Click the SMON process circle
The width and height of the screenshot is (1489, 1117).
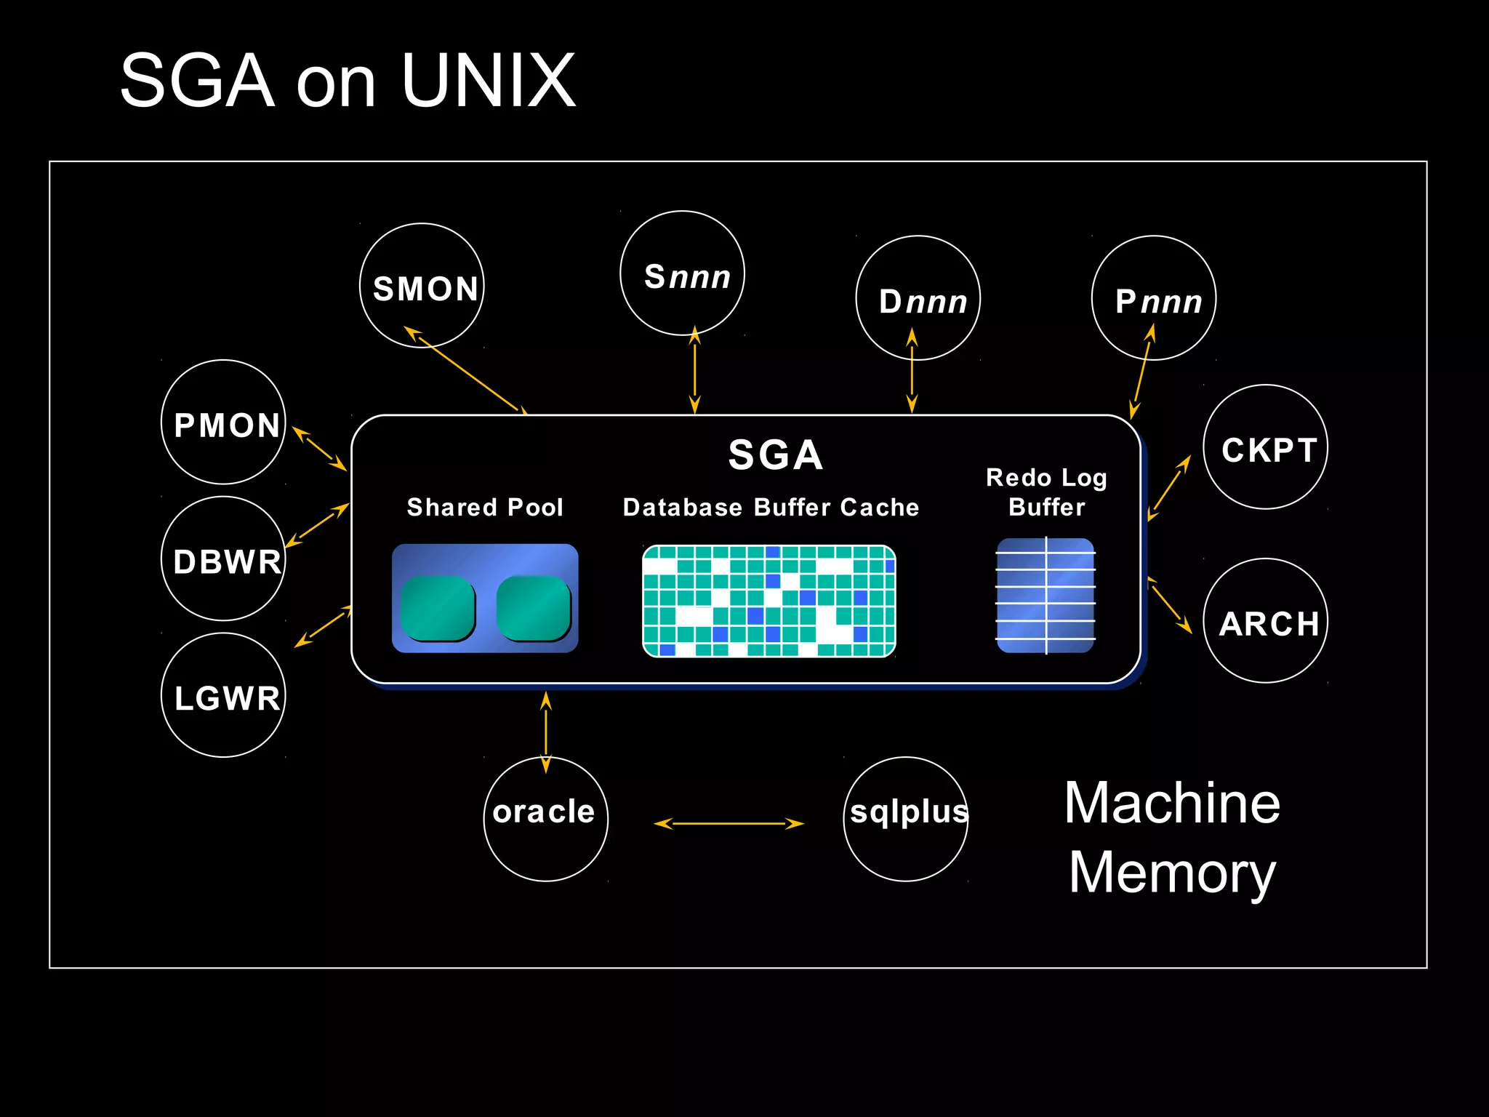(422, 286)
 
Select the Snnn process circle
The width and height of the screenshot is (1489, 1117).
(682, 273)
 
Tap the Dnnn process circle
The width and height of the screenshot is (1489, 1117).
(918, 298)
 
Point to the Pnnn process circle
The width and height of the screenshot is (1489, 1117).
(1154, 298)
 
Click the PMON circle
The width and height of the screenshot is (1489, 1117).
(223, 423)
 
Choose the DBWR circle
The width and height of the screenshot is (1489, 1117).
(223, 558)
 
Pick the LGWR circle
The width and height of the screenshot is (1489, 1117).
(223, 695)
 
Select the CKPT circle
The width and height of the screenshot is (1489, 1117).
(1266, 447)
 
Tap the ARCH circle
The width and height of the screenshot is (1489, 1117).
(1266, 621)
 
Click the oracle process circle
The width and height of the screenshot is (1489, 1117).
(546, 820)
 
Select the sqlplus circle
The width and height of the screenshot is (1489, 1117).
(906, 820)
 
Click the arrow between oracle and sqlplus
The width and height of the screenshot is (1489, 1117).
(729, 824)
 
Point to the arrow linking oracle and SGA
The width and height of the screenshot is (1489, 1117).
(546, 732)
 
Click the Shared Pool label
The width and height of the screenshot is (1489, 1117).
(485, 507)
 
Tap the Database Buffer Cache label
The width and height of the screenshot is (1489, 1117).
(771, 507)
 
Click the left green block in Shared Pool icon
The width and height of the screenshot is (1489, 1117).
(438, 609)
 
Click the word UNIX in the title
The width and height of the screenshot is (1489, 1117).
(488, 81)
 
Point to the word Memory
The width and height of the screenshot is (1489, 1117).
(1172, 873)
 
